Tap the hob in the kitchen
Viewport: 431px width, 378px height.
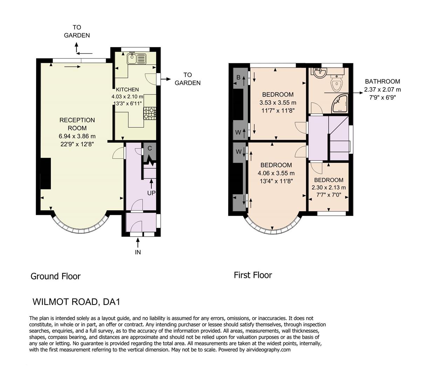[150, 113]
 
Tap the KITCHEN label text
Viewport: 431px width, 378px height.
[127, 90]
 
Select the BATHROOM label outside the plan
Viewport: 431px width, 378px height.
[382, 82]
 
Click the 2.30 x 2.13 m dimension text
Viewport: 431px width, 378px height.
[329, 187]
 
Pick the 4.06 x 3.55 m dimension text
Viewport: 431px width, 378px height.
[276, 173]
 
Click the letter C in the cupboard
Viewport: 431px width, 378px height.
[150, 148]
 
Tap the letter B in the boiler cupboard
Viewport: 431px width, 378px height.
[238, 78]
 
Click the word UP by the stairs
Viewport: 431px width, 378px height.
[151, 193]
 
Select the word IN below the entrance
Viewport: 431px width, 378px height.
[138, 252]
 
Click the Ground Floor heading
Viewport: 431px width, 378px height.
[56, 276]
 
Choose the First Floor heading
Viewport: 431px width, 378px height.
[253, 275]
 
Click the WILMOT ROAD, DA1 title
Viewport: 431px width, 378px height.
[76, 302]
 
